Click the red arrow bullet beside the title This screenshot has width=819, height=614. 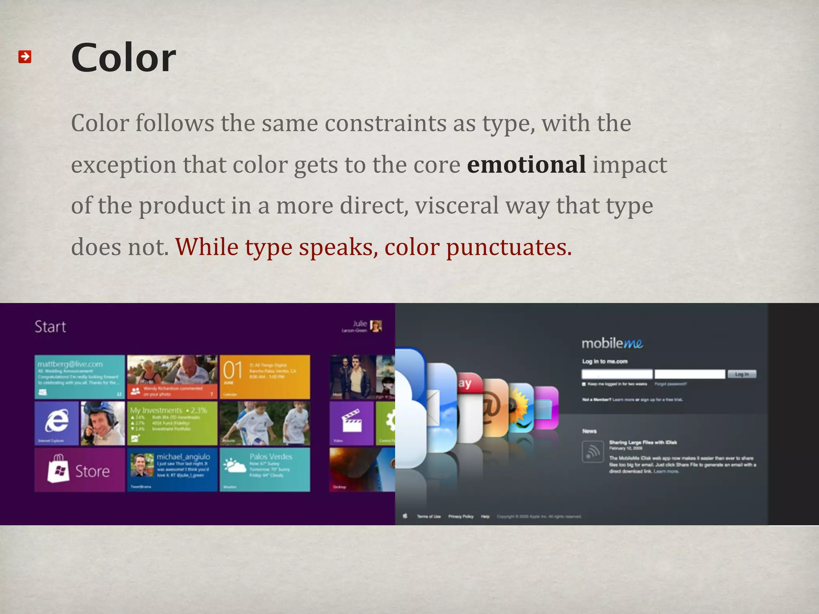point(25,57)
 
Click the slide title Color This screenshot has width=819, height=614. point(124,58)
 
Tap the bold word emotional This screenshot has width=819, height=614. point(526,165)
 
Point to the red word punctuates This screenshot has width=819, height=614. point(509,247)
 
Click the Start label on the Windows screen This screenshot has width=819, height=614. point(50,327)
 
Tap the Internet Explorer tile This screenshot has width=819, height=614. point(57,423)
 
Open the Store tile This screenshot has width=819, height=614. point(80,470)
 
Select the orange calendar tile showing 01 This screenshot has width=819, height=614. point(265,377)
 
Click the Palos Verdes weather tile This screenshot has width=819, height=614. point(265,469)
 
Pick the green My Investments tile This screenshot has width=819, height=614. point(172,423)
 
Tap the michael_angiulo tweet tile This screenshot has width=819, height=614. point(172,469)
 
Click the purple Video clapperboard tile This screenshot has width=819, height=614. point(352,423)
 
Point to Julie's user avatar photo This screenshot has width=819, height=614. point(376,326)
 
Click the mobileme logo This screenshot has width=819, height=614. point(612,343)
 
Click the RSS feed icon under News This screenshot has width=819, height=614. point(593,452)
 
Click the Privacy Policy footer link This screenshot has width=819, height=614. point(461,516)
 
